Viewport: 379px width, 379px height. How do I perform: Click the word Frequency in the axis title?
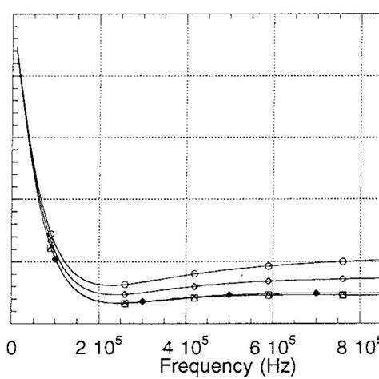pos(204,368)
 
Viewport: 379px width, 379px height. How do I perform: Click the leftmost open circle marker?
pos(51,234)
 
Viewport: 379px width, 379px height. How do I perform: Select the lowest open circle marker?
pos(125,285)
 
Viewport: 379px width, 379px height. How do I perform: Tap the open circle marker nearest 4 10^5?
pos(194,274)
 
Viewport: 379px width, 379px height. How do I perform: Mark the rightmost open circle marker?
pos(343,261)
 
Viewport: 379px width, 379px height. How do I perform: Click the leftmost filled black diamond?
pos(54,259)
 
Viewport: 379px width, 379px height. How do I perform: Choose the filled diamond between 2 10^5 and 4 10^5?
pos(142,301)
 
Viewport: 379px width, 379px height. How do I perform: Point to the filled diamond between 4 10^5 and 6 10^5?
pos(229,295)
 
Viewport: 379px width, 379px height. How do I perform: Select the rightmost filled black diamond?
pos(317,293)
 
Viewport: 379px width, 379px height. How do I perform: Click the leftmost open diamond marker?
pos(50,241)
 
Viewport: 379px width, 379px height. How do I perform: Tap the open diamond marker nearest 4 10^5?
pos(194,286)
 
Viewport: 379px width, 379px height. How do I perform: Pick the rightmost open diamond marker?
pos(343,278)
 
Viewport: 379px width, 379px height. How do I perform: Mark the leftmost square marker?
pos(50,249)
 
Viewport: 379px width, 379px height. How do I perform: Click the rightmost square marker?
pos(343,295)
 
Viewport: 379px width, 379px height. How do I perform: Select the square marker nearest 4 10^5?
pos(194,298)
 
